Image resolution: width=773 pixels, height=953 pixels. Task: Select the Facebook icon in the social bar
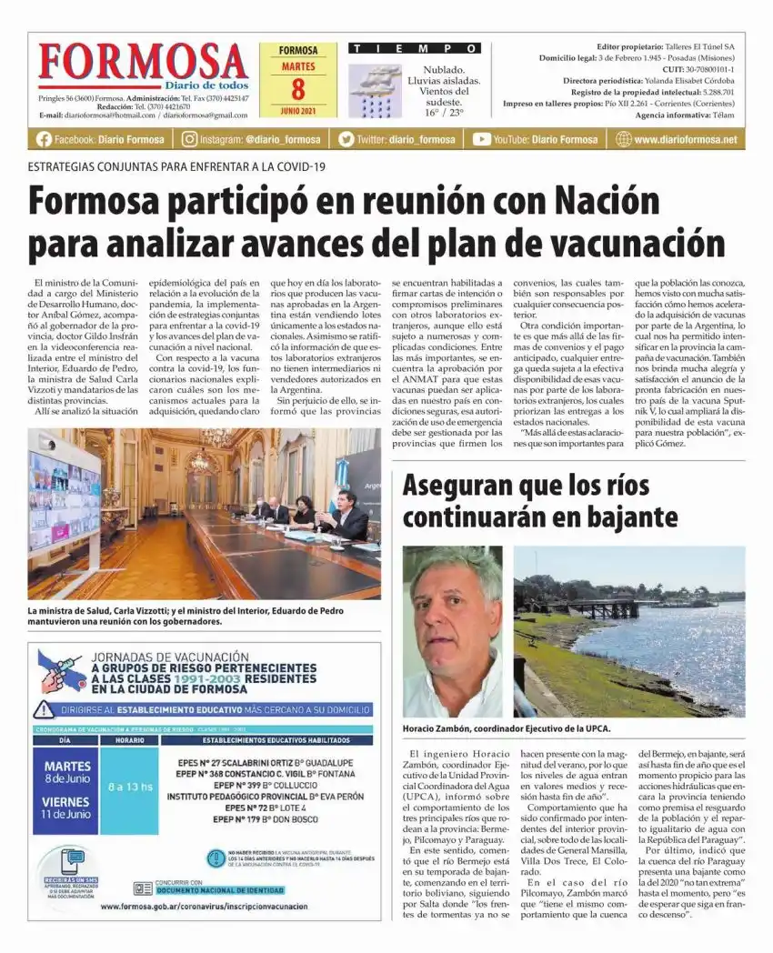pyautogui.click(x=44, y=139)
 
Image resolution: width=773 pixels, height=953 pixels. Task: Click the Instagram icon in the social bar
pyautogui.click(x=189, y=139)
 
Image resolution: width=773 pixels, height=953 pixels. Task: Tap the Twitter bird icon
pyautogui.click(x=346, y=139)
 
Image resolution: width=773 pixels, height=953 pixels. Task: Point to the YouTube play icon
pyautogui.click(x=481, y=139)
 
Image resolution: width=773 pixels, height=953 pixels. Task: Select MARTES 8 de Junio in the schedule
pyautogui.click(x=66, y=772)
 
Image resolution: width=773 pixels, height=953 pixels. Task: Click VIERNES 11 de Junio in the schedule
pyautogui.click(x=66, y=808)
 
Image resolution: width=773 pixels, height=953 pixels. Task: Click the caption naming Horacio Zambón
pyautogui.click(x=507, y=728)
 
